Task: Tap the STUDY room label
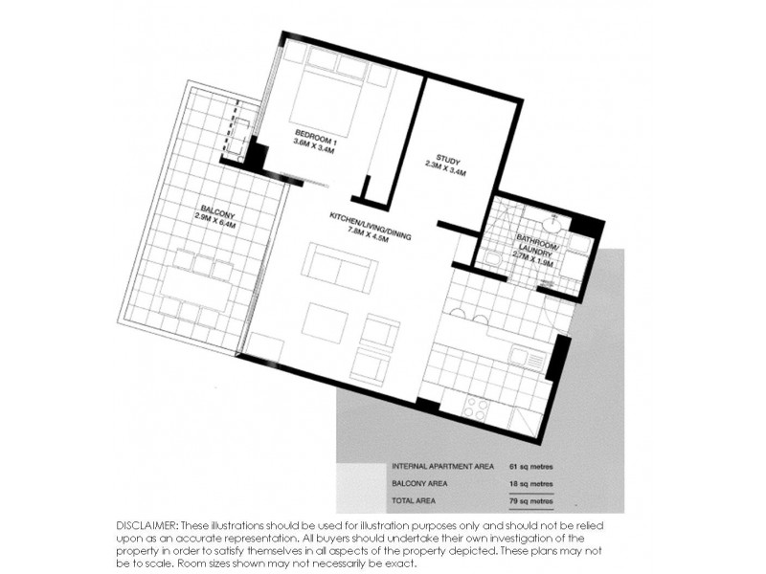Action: coord(448,160)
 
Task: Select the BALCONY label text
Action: coord(215,212)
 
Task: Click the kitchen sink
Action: coord(527,359)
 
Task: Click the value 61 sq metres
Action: coord(531,467)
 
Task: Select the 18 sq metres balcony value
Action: coord(531,485)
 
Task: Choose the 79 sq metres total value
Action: coord(531,502)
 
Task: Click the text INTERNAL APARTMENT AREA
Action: coord(442,467)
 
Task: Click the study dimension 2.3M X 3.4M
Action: coord(446,174)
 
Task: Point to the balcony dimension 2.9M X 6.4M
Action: coord(214,225)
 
